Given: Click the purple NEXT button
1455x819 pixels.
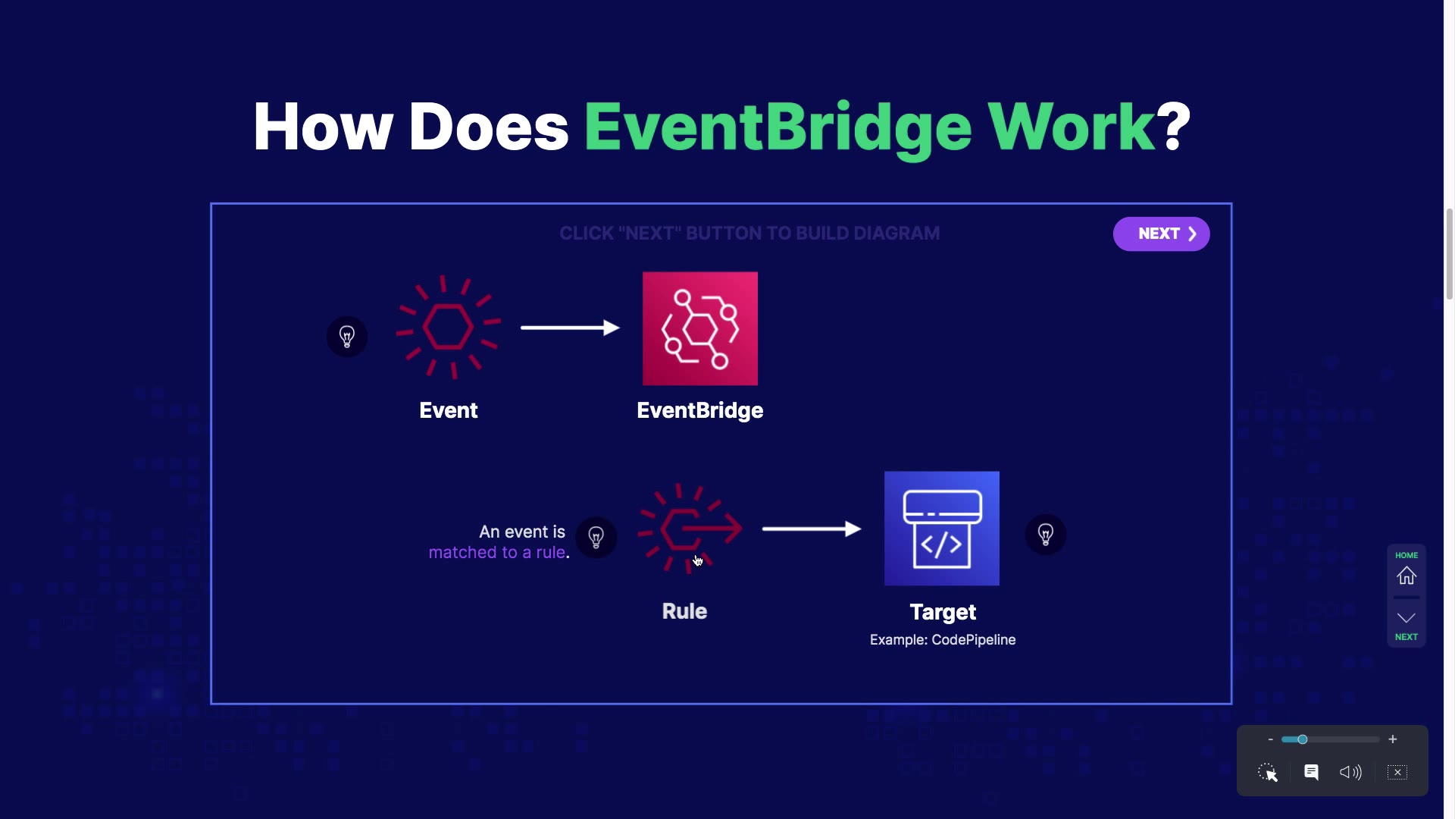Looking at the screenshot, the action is tap(1161, 234).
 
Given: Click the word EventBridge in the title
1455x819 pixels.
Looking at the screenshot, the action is tap(778, 127).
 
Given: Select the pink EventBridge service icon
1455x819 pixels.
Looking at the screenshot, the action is tap(699, 328).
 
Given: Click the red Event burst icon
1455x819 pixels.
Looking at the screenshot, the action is tap(448, 327).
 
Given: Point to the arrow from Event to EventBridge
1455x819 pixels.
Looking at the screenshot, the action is tap(570, 328).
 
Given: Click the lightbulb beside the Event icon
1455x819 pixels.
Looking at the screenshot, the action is tap(347, 337).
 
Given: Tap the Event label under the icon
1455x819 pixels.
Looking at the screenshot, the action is tap(448, 410).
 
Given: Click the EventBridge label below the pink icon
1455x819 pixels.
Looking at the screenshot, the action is tap(699, 410).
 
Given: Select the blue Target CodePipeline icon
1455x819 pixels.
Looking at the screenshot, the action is tap(941, 529).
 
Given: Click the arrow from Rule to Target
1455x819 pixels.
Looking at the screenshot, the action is tap(811, 529).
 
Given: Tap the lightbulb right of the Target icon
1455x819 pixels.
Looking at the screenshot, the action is tap(1045, 535).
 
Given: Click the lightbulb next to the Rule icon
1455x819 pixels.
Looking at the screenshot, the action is tap(596, 538).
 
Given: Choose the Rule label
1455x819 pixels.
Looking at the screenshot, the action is tap(684, 611).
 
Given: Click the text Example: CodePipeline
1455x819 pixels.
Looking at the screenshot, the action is tap(942, 640).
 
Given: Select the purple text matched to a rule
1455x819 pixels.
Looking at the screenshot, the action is tap(497, 553).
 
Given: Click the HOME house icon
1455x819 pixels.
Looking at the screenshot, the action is tap(1406, 576).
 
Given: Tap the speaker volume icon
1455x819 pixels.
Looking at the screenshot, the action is tap(1350, 772).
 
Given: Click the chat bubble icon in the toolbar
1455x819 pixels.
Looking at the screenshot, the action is tap(1311, 772).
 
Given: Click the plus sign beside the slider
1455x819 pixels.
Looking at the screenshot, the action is tap(1392, 739).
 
